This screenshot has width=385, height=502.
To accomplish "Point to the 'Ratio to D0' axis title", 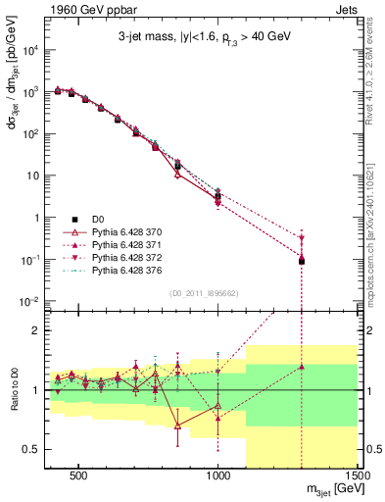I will click(x=13, y=390).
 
